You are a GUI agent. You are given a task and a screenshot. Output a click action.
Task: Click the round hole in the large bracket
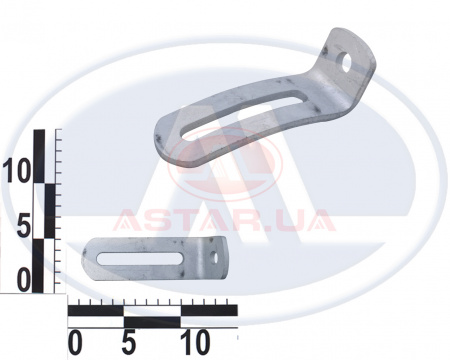coord(345,63)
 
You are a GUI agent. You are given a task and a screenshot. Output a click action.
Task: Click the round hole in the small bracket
coord(214,256)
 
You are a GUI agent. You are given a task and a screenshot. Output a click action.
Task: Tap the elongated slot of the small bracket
coord(139,258)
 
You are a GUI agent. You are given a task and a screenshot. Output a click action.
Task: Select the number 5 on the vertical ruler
coord(23,226)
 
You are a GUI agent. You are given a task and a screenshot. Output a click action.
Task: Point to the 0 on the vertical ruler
coord(23,281)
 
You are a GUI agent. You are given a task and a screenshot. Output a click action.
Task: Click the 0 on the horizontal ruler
coord(75,343)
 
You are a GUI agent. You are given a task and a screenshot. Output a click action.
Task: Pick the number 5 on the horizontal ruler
coord(129,343)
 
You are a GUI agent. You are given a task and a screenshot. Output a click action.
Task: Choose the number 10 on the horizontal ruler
coord(195,343)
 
